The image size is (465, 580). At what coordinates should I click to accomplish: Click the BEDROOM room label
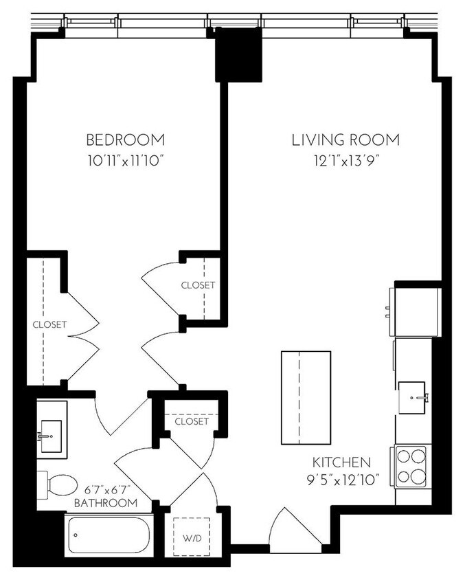click(125, 140)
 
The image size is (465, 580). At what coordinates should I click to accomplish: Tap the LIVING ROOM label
click(345, 140)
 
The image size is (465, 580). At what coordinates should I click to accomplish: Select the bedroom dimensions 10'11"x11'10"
click(125, 162)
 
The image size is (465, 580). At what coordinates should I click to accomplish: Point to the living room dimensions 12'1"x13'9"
click(345, 162)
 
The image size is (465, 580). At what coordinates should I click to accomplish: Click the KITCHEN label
click(341, 462)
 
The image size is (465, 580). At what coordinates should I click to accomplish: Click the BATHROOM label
click(106, 503)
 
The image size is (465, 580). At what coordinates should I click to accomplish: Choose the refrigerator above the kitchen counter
click(416, 309)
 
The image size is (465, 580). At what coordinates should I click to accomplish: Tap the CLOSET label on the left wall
click(49, 324)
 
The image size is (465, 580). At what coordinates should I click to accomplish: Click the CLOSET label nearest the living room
click(198, 285)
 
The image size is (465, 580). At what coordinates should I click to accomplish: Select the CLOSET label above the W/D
click(191, 421)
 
